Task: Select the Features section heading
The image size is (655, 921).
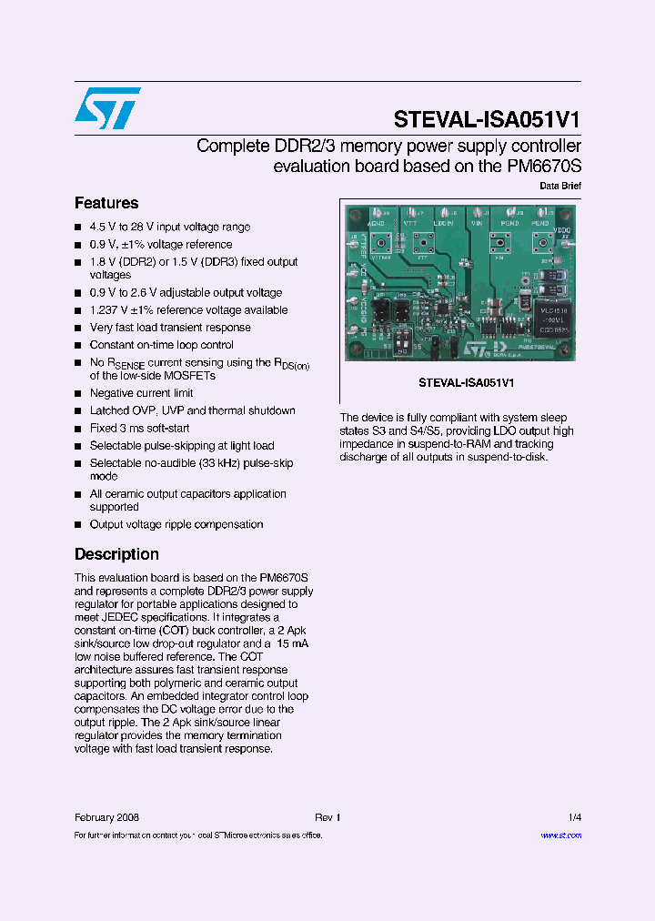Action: click(x=106, y=203)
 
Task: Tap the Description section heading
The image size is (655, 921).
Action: click(x=116, y=554)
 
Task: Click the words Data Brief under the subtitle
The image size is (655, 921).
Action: click(x=560, y=186)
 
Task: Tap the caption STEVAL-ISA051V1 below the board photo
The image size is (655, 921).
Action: click(x=460, y=383)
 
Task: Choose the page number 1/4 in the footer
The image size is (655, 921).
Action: click(x=575, y=817)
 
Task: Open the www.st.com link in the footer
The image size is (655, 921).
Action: click(x=560, y=835)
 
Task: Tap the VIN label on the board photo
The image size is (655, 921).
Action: click(x=477, y=221)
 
